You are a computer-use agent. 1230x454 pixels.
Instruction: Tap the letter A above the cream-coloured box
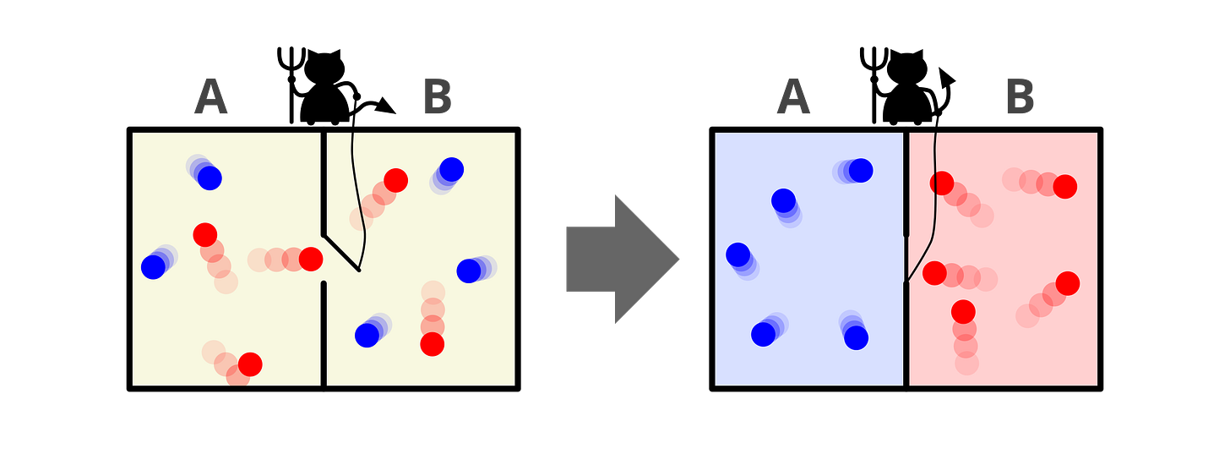[x=210, y=98]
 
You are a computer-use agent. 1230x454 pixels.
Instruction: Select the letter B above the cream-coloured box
[x=438, y=98]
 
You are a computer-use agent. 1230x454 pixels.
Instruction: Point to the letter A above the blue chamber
[x=793, y=98]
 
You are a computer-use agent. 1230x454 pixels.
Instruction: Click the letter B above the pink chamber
[x=1020, y=98]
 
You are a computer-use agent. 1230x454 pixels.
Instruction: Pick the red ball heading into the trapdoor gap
[x=310, y=259]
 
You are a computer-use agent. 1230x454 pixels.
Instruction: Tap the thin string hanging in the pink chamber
[x=931, y=211]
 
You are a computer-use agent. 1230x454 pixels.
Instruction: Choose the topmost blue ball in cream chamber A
[x=209, y=178]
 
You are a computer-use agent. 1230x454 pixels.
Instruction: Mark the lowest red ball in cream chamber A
[x=249, y=364]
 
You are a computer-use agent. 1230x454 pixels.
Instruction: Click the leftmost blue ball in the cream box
[x=153, y=266]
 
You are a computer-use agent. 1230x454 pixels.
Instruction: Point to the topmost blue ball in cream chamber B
[x=451, y=169]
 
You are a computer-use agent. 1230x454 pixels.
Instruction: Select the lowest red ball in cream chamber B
[x=432, y=344]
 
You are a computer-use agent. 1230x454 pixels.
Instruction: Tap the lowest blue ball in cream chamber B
[x=367, y=335]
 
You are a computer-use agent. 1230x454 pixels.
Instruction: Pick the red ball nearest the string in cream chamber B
[x=395, y=180]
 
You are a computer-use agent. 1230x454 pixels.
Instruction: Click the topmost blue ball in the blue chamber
[x=860, y=170]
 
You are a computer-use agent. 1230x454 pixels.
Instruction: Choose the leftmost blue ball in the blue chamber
[x=737, y=254]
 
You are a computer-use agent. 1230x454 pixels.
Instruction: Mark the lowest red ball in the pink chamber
[x=963, y=312]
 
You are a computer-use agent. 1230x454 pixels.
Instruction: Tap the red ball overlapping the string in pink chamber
[x=942, y=183]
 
